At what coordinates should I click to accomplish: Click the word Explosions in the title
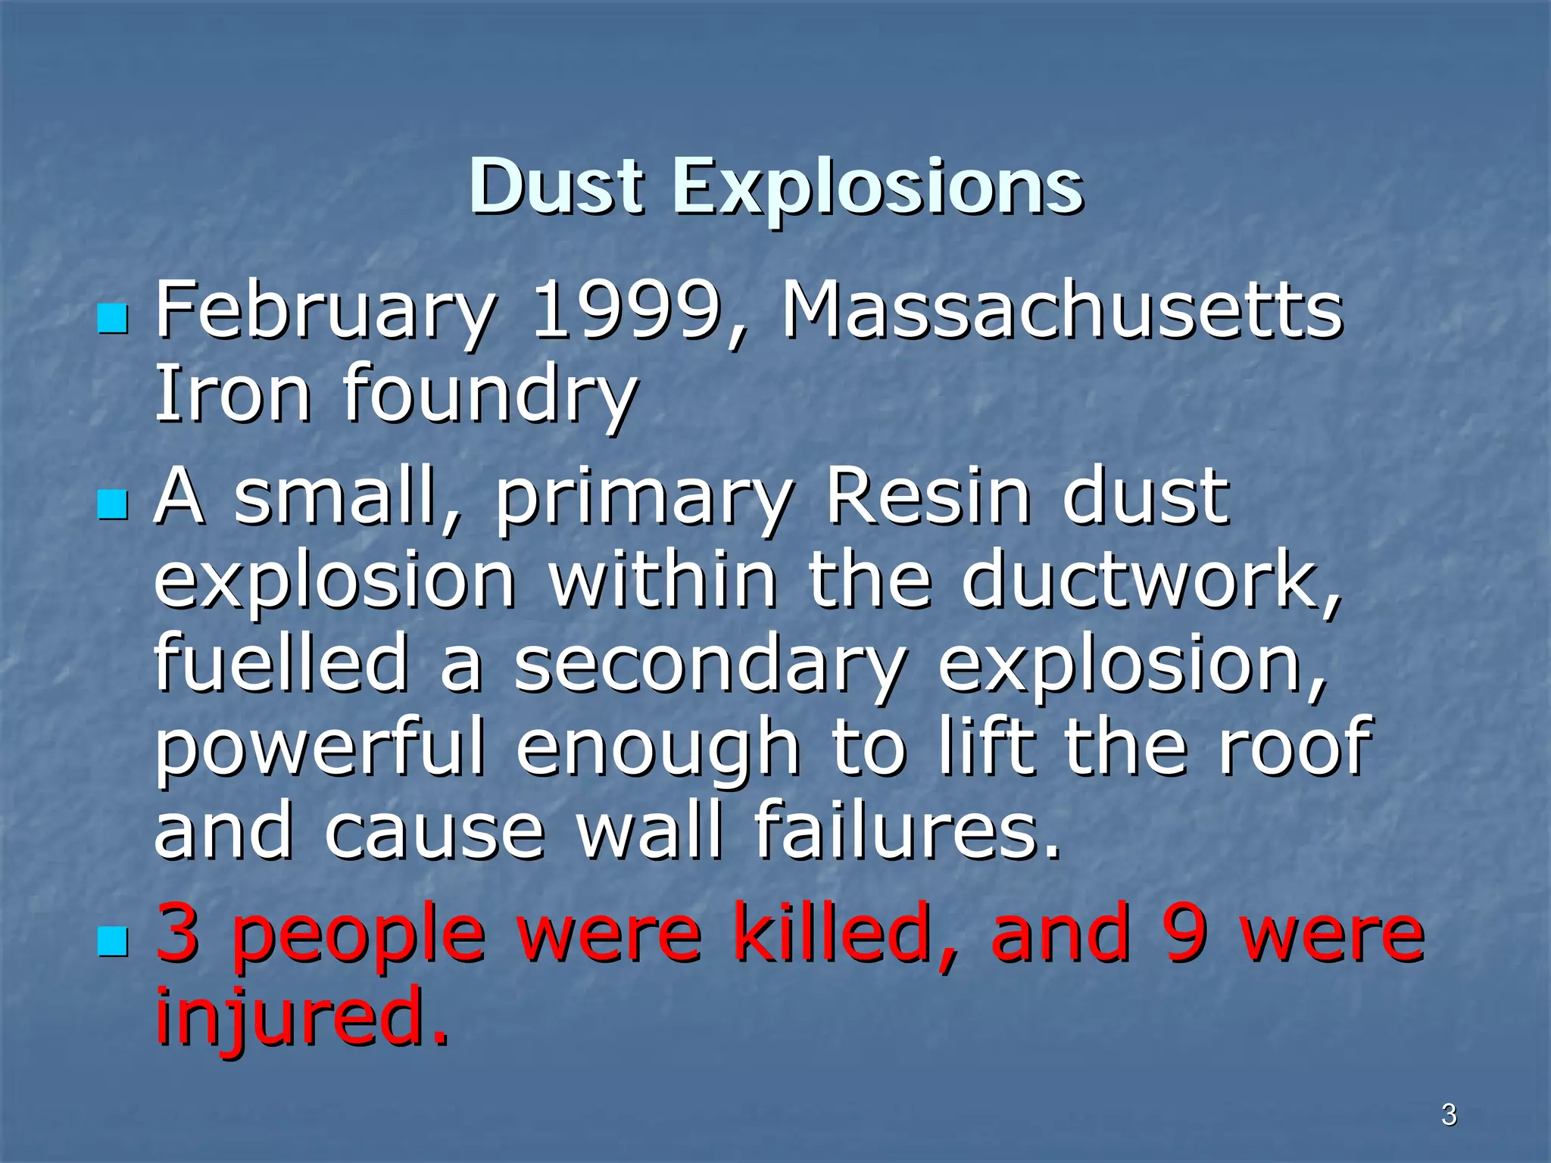(878, 188)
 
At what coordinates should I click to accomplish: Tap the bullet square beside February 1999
(114, 319)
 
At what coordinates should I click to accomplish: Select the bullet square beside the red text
(114, 943)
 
